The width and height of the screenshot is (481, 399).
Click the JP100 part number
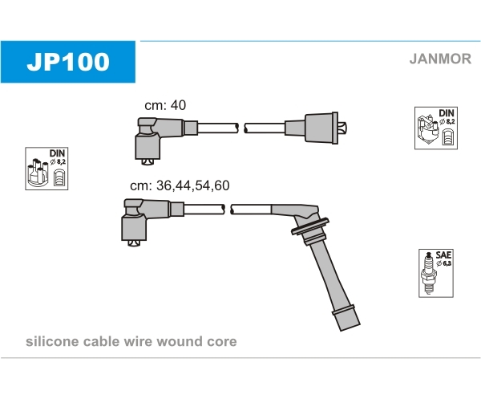(x=68, y=62)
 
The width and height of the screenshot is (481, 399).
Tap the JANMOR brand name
(x=440, y=59)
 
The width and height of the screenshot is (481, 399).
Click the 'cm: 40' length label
(x=165, y=105)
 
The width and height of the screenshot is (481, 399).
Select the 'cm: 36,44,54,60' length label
(x=180, y=185)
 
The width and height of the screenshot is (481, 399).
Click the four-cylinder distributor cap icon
(x=38, y=173)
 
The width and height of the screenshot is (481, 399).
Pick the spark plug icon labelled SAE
(x=429, y=273)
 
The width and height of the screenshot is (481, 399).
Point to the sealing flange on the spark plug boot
(x=310, y=226)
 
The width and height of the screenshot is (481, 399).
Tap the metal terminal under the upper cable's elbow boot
(x=148, y=161)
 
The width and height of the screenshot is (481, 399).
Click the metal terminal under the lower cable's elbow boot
(x=134, y=243)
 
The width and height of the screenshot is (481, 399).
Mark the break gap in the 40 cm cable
(x=241, y=128)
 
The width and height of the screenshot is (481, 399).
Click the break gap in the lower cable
(x=228, y=210)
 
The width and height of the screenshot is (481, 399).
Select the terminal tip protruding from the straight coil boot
(x=342, y=128)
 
